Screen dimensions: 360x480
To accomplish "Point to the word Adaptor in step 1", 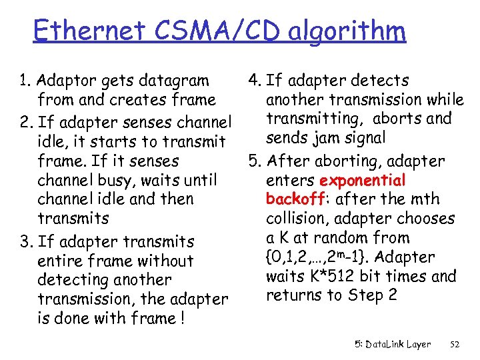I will (66, 81).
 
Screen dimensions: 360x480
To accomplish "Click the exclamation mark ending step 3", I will (182, 319).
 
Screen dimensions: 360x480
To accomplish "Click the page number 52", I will (455, 345).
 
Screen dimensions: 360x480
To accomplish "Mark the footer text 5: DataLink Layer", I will (393, 345).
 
